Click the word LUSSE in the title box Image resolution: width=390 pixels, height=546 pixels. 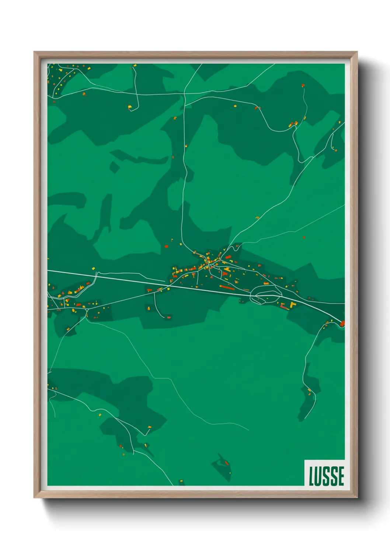click(326, 476)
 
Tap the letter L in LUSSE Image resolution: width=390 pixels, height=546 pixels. click(311, 476)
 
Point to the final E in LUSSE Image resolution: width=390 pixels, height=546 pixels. click(341, 476)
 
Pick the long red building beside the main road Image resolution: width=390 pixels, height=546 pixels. click(227, 287)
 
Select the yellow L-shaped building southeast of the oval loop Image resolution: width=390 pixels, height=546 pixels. click(293, 305)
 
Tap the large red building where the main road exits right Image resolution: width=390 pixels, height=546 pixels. click(342, 324)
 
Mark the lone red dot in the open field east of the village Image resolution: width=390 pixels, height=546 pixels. click(304, 237)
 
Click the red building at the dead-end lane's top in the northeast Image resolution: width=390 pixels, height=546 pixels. click(303, 85)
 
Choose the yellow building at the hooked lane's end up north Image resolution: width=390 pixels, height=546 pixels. click(130, 108)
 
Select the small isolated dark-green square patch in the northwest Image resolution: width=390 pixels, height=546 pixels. click(115, 167)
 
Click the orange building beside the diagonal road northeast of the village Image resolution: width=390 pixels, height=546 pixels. click(257, 218)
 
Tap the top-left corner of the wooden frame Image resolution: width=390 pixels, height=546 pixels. click(35, 52)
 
